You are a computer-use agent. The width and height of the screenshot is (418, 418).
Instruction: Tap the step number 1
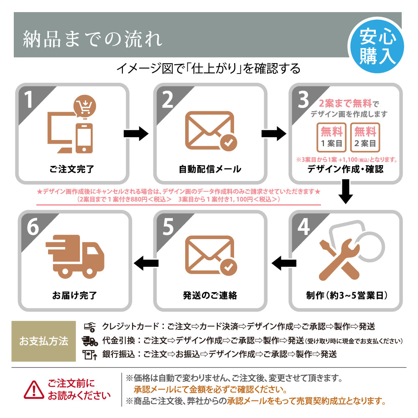click(29, 100)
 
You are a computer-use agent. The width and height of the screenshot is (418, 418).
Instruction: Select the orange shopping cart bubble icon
click(84, 107)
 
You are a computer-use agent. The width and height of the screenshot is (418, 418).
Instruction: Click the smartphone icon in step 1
click(84, 138)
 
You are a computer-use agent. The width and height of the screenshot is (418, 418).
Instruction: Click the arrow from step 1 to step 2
click(136, 134)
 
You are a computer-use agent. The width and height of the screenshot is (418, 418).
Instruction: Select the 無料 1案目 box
click(331, 137)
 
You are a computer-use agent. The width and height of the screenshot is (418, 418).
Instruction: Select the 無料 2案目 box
click(365, 137)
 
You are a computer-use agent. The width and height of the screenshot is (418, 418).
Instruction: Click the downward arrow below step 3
click(345, 191)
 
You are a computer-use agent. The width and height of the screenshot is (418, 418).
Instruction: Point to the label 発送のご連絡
click(210, 296)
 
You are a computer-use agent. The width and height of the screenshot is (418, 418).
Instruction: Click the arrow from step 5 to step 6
click(146, 263)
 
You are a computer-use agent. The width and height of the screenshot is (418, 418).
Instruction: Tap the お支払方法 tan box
click(43, 341)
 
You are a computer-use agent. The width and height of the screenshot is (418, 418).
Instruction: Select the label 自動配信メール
click(210, 169)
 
